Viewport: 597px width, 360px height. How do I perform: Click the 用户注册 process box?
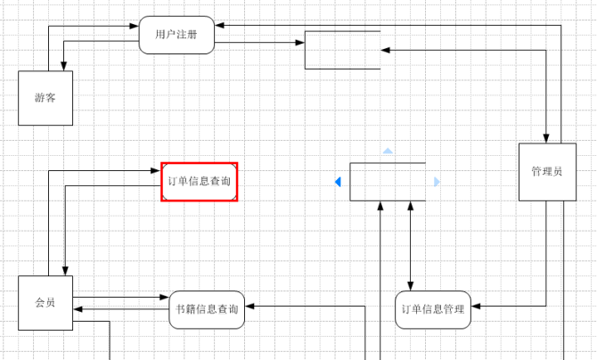coord(176,35)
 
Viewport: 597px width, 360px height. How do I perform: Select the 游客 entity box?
coord(45,98)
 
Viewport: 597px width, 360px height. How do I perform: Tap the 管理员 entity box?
coord(546,171)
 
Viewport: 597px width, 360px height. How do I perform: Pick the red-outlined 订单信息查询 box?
coord(200,181)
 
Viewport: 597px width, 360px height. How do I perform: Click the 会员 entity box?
coord(45,303)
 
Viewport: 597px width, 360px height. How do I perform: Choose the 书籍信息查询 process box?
coord(207,309)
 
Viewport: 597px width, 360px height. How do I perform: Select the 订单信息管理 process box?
coord(433,309)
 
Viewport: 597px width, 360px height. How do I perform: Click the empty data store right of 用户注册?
coord(343,50)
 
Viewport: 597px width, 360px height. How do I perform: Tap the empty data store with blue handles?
coord(388,182)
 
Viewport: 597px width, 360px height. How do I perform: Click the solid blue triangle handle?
coord(338,182)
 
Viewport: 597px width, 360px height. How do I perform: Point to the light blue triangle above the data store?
coord(388,151)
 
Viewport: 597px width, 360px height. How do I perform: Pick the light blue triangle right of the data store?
coord(437,182)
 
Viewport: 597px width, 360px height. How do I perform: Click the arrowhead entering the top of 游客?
coord(63,66)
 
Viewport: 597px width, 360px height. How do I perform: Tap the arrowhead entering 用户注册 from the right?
coord(220,26)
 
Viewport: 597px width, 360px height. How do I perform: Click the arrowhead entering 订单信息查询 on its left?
coord(156,170)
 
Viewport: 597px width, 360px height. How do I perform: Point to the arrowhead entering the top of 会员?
coord(63,271)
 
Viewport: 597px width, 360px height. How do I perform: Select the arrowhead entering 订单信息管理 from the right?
coord(477,306)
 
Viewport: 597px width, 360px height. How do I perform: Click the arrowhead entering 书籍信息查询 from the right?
coord(249,306)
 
